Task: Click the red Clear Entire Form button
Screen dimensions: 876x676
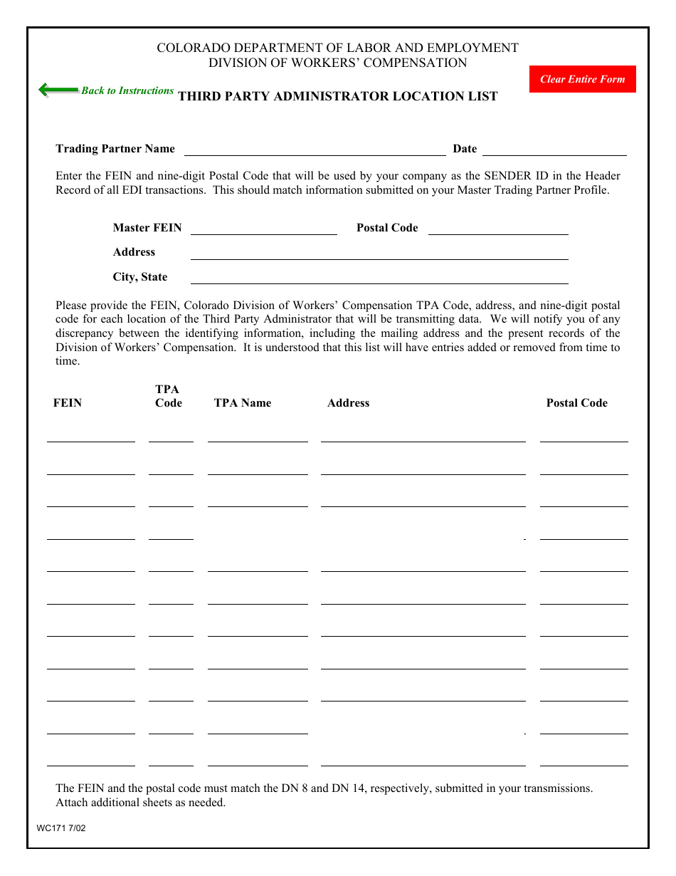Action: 582,79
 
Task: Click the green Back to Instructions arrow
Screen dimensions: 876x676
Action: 58,90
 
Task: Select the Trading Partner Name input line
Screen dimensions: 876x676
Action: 315,150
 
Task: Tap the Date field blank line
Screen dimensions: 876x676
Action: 554,150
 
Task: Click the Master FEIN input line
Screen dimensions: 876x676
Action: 263,229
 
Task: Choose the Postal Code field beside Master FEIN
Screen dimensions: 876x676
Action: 498,229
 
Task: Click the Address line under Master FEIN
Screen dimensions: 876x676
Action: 379,253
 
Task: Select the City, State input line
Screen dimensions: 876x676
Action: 379,278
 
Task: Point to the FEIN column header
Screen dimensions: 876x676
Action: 68,403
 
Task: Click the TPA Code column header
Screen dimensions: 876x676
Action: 168,396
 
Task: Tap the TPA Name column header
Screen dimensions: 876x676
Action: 242,403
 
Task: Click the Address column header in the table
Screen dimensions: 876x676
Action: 348,403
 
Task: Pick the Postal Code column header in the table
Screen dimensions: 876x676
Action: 576,403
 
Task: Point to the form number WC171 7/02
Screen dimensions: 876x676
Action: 61,828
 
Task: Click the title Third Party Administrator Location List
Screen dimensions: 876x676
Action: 337,97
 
